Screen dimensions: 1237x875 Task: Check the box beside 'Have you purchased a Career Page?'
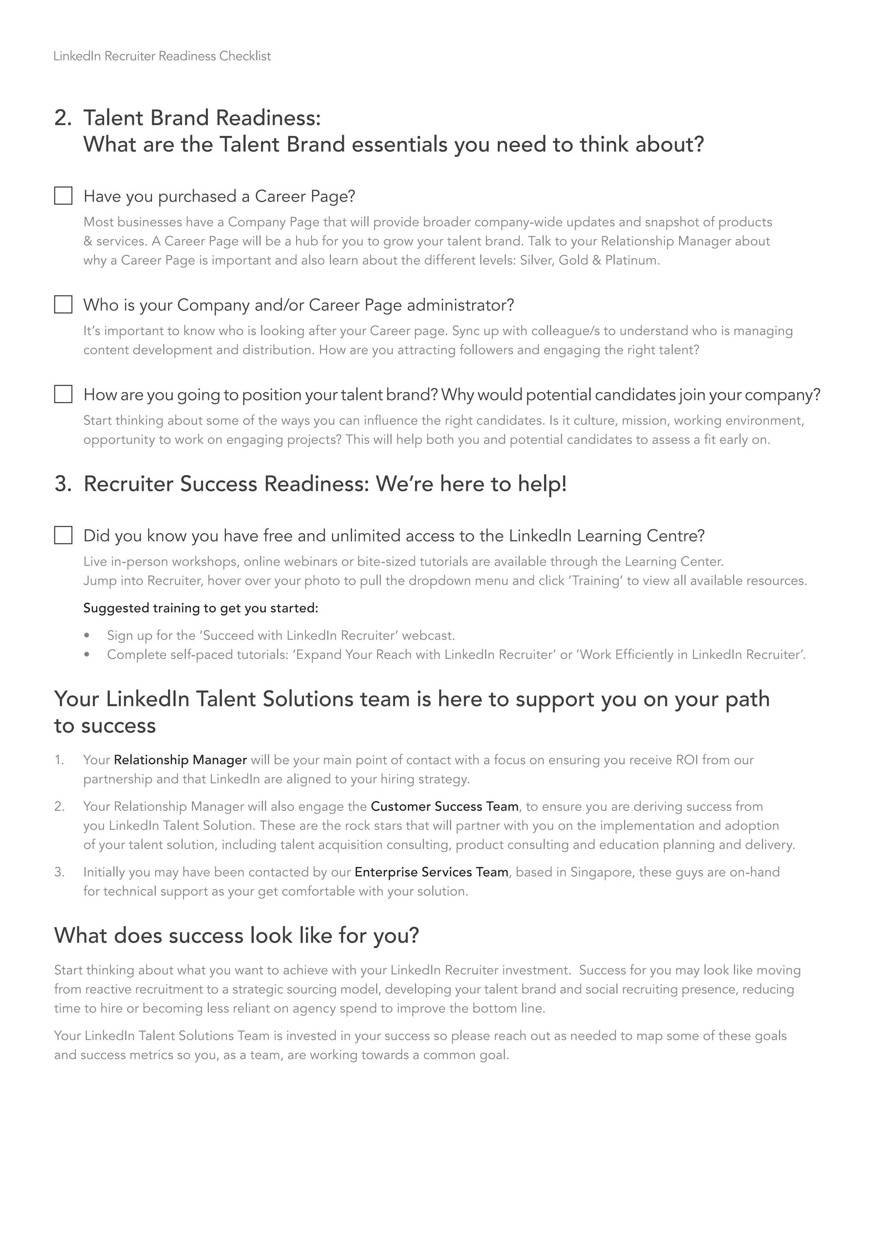tap(63, 196)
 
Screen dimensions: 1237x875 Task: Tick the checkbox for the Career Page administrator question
tap(63, 305)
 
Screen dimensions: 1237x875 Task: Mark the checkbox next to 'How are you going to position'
tap(63, 394)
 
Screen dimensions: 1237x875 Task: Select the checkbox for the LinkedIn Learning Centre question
tap(63, 536)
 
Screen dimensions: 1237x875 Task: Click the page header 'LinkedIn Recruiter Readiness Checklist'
tap(162, 56)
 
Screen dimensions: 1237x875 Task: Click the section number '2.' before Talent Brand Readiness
tap(63, 118)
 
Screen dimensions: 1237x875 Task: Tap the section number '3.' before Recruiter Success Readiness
tap(63, 484)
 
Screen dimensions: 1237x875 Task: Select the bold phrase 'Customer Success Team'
tap(444, 806)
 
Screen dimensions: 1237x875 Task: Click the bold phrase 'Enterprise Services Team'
tap(431, 872)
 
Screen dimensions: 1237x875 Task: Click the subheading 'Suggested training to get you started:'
tap(200, 608)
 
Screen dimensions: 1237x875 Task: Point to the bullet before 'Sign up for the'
tap(87, 636)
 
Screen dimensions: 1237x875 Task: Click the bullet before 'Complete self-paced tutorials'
tap(87, 655)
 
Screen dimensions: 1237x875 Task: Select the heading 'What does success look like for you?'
tap(237, 935)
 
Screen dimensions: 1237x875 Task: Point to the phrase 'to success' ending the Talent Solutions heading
tap(105, 726)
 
